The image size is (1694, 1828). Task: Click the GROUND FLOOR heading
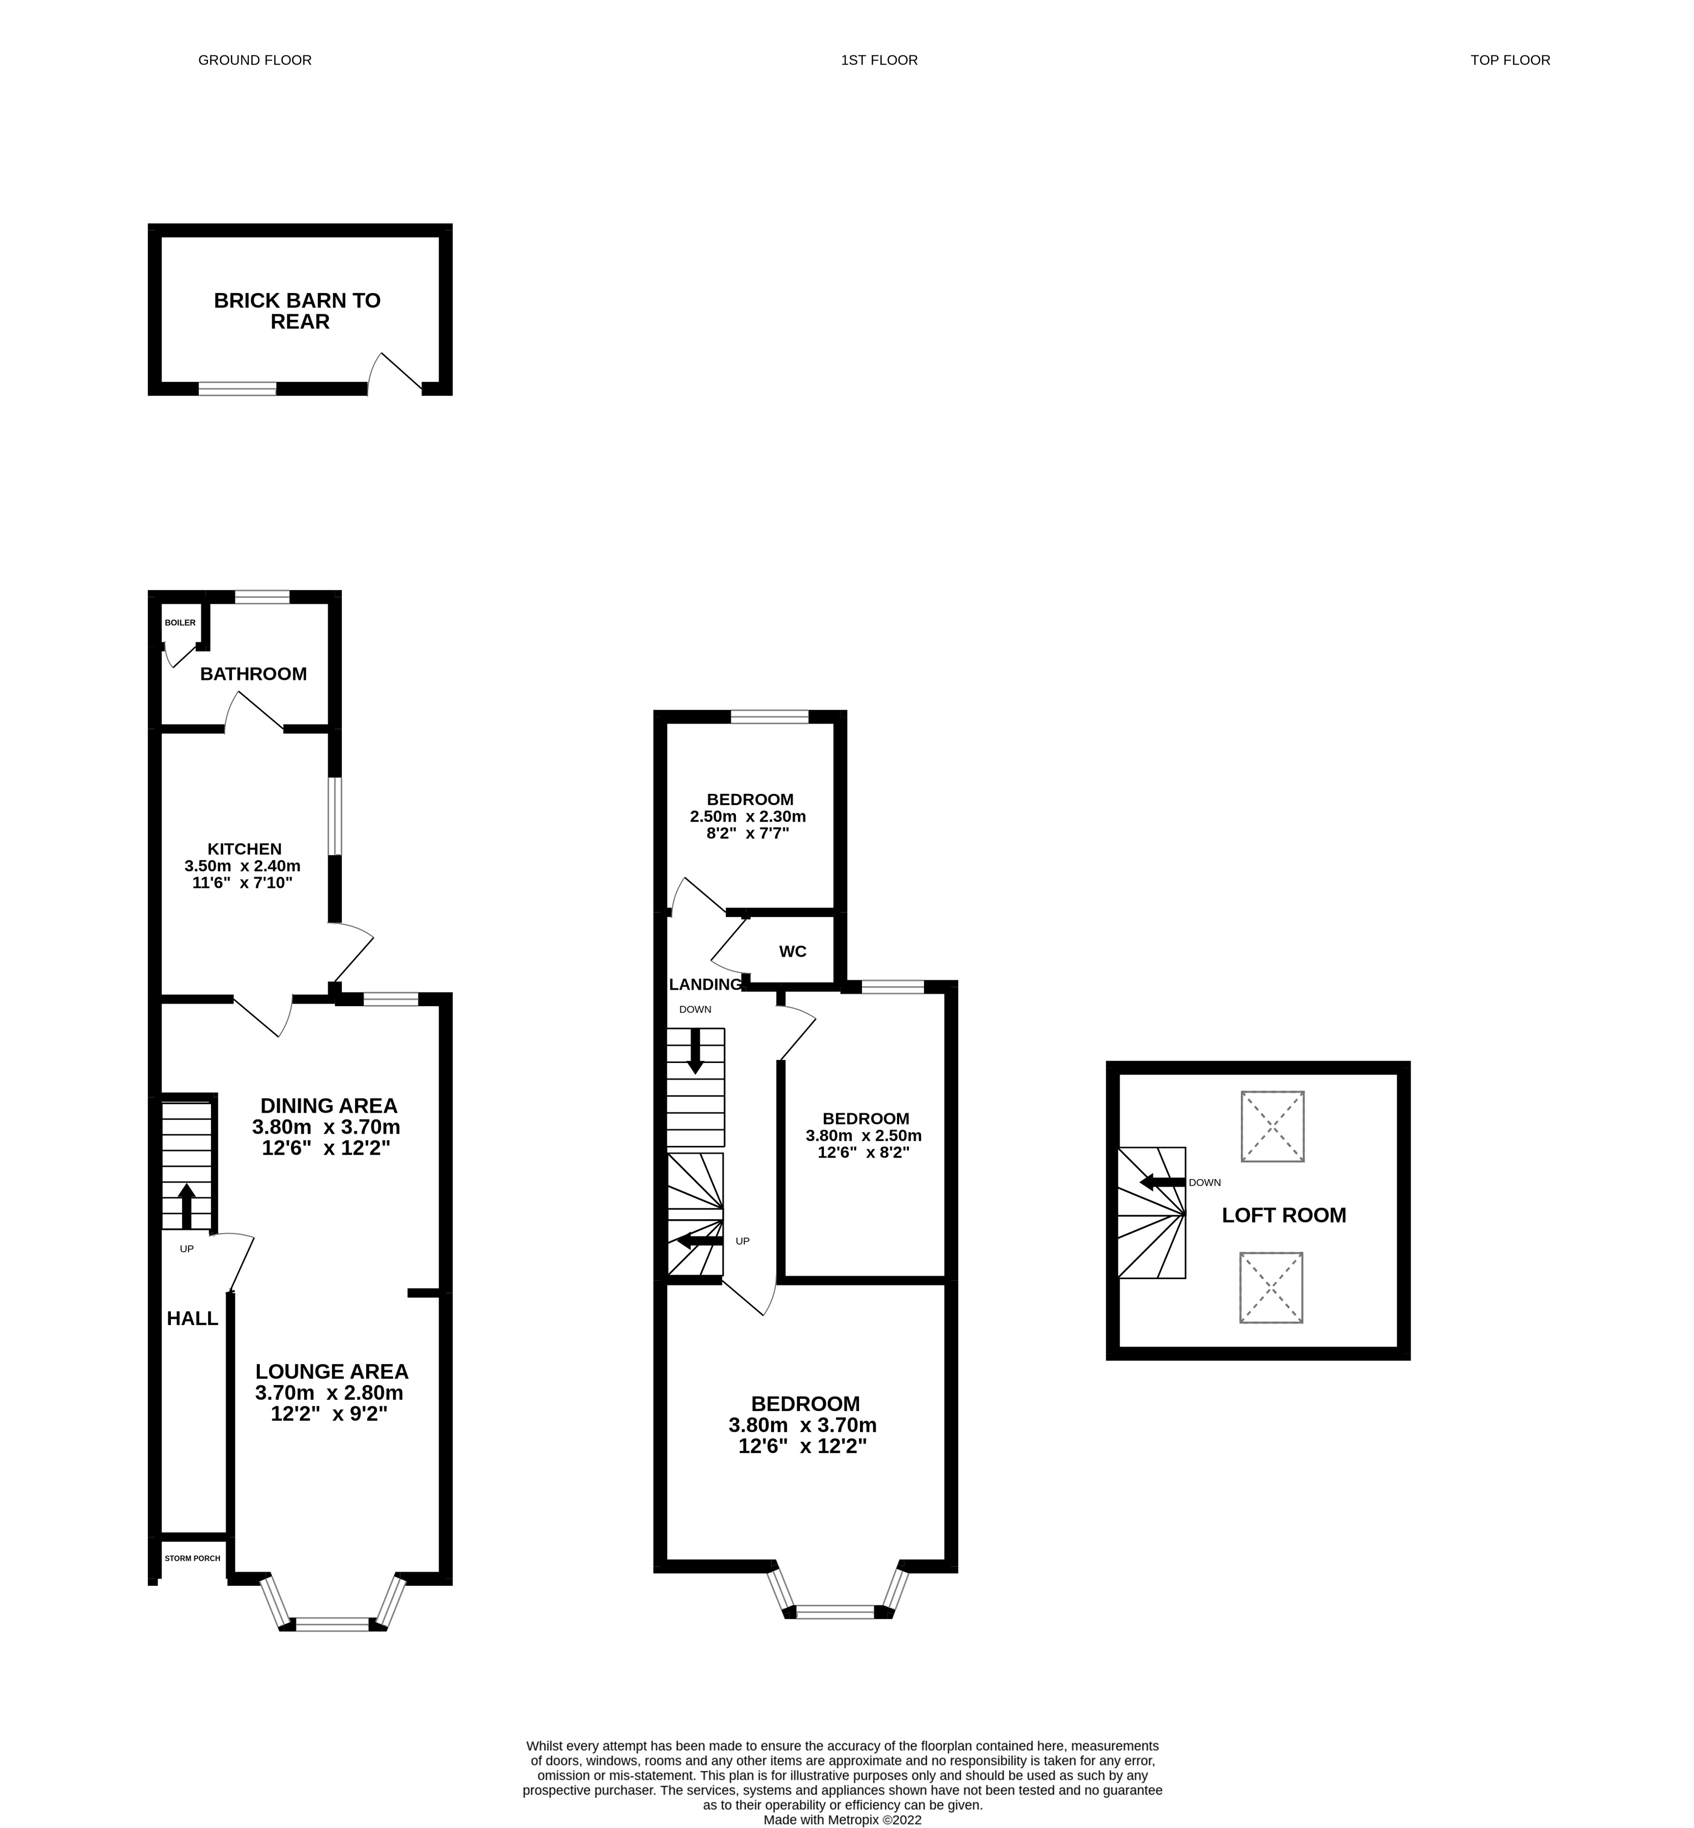click(255, 61)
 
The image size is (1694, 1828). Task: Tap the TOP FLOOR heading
click(1510, 61)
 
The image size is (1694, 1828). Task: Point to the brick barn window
click(237, 389)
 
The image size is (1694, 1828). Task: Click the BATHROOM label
click(253, 674)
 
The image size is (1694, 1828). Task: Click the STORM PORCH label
click(193, 1557)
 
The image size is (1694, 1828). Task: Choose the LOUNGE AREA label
click(332, 1371)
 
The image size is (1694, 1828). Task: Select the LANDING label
click(705, 985)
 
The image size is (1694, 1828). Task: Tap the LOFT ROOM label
click(1283, 1216)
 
